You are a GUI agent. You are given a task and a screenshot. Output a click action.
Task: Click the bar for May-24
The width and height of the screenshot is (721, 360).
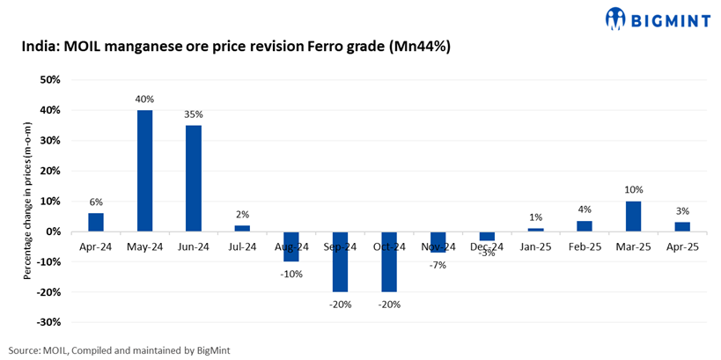pyautogui.click(x=144, y=171)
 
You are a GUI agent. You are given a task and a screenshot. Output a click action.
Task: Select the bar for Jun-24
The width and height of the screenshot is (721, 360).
pyautogui.click(x=194, y=179)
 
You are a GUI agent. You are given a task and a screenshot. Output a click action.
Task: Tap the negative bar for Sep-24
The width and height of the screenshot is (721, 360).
pyautogui.click(x=340, y=261)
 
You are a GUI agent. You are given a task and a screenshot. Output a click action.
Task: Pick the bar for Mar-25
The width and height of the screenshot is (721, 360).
pyautogui.click(x=633, y=217)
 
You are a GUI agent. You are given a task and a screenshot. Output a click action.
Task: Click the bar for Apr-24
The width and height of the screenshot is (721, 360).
pyautogui.click(x=95, y=223)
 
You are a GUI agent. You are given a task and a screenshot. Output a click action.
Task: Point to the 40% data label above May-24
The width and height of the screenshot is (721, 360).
pyautogui.click(x=144, y=99)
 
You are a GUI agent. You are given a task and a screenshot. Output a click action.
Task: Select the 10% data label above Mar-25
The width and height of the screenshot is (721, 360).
pyautogui.click(x=633, y=189)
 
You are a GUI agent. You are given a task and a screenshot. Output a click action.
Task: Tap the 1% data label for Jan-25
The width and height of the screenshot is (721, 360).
pyautogui.click(x=535, y=217)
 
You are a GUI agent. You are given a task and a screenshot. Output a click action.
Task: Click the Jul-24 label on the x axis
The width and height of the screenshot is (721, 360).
pyautogui.click(x=242, y=247)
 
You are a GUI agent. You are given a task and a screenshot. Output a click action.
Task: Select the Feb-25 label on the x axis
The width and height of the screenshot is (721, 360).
pyautogui.click(x=584, y=247)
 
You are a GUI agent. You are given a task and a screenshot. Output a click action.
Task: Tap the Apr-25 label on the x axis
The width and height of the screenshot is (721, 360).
pyautogui.click(x=681, y=247)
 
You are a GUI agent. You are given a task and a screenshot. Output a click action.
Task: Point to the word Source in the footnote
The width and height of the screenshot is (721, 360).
pyautogui.click(x=25, y=350)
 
